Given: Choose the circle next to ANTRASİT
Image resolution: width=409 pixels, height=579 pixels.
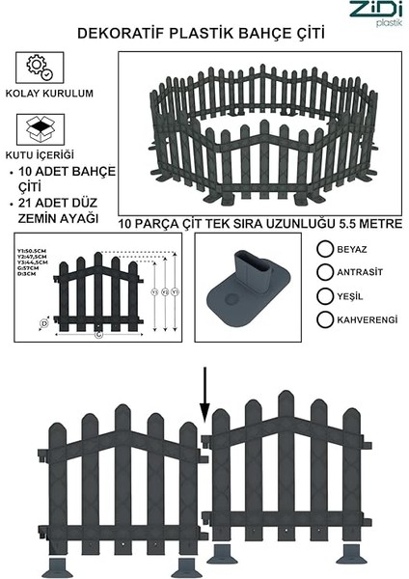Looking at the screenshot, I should (x=325, y=272).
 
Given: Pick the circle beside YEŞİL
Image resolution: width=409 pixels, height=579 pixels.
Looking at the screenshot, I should (x=325, y=296).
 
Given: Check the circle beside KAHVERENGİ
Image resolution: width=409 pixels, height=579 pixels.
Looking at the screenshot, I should (x=325, y=319).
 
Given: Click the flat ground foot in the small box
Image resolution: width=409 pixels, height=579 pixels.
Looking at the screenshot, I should (x=246, y=290).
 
